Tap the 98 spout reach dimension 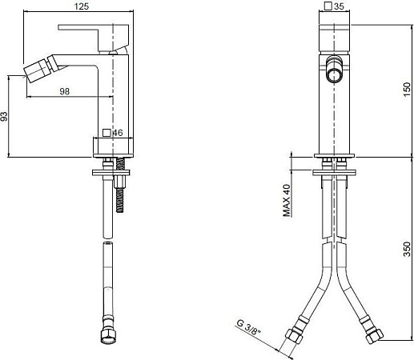[x=65, y=91]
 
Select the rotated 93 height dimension [x=5, y=117]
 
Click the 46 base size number [x=118, y=133]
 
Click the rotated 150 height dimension [x=408, y=85]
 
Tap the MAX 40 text [x=286, y=202]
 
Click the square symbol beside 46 [x=107, y=133]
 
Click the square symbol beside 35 [x=328, y=6]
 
